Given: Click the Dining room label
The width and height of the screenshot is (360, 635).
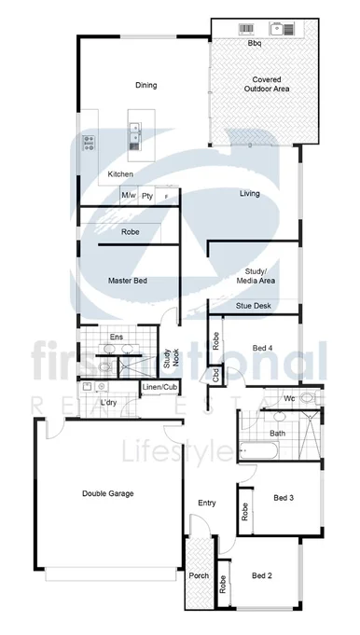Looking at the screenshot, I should [145, 86].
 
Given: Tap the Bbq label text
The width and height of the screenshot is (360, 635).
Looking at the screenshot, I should [254, 44].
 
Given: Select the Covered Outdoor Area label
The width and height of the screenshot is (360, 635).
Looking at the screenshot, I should [267, 84].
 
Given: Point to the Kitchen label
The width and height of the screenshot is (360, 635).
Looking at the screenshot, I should [120, 174].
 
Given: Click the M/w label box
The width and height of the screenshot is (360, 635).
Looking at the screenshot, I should [129, 196].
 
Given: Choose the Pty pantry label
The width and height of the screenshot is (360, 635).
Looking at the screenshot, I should [147, 196].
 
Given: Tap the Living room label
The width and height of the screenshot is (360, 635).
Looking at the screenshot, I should [249, 194].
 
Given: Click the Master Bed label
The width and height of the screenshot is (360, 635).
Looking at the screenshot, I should [127, 281].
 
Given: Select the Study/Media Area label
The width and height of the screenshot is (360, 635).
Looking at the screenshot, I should [254, 275].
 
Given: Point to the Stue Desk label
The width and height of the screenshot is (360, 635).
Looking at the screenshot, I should [253, 305].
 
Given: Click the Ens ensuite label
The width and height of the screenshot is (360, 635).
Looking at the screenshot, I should [117, 337].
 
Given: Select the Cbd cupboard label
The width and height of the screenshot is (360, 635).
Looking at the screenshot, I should [216, 375].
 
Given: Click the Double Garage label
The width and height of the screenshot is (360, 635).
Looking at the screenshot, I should [107, 493].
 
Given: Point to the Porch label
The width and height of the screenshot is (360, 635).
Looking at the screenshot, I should [200, 575].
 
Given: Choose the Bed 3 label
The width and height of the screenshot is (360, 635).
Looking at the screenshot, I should [284, 498].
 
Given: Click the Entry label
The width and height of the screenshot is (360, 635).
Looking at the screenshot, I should [207, 504].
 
